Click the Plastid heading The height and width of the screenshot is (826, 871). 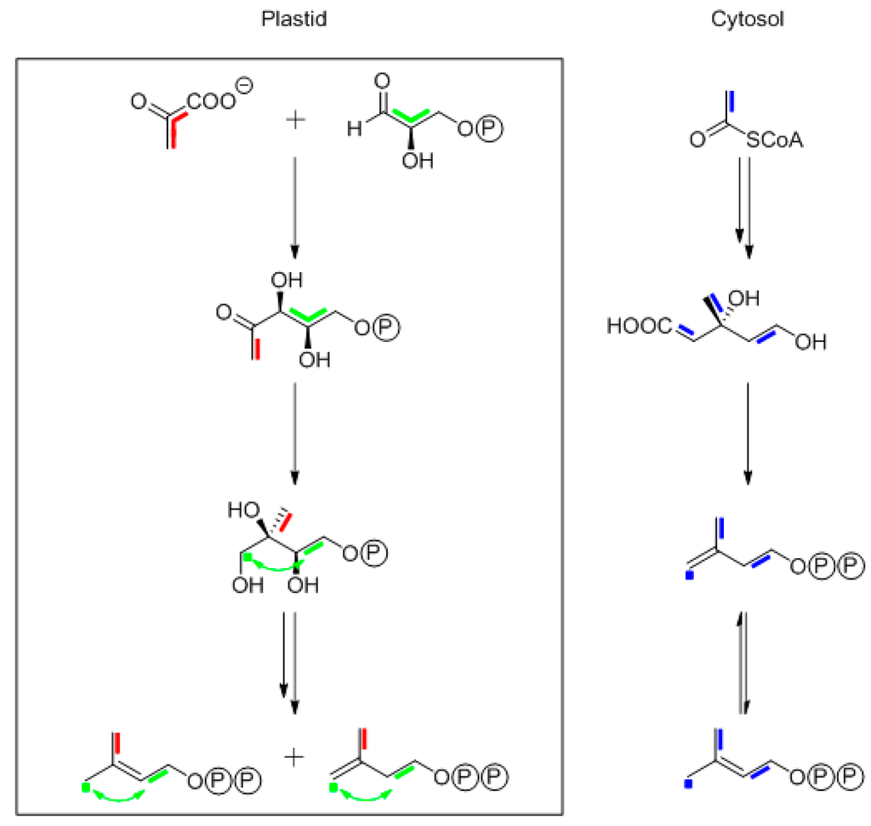point(293,20)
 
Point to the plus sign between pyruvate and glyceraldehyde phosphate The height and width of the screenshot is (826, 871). point(294,121)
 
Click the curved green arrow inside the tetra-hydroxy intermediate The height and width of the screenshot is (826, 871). point(271,562)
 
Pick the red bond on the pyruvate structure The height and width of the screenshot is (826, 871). point(174,132)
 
